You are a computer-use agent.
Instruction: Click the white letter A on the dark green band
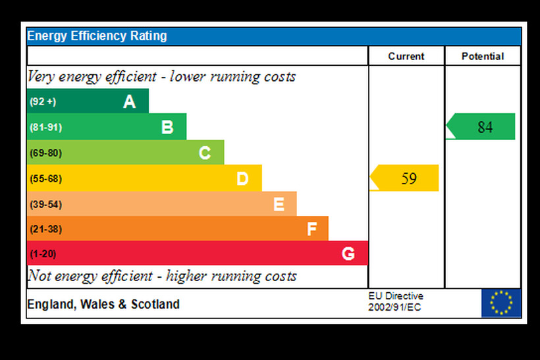[130, 101]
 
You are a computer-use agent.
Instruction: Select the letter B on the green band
[167, 127]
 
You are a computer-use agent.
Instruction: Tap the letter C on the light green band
[205, 153]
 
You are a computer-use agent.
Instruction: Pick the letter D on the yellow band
[242, 178]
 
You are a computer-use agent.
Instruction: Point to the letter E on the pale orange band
[279, 205]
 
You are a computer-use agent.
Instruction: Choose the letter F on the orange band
[312, 229]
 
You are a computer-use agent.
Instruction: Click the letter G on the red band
[348, 253]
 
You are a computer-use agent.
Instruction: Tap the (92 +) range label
[43, 102]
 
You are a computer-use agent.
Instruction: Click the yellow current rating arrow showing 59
[405, 178]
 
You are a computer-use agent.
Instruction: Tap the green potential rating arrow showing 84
[481, 127]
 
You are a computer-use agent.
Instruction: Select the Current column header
[406, 57]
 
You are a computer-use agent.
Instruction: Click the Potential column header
[483, 57]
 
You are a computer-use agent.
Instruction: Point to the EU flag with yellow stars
[501, 303]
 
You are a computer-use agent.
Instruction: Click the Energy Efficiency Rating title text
[97, 36]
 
